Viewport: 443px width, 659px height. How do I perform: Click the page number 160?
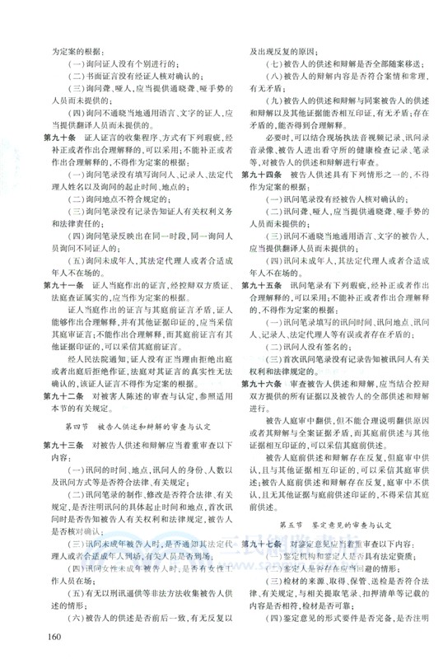pyautogui.click(x=56, y=638)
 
